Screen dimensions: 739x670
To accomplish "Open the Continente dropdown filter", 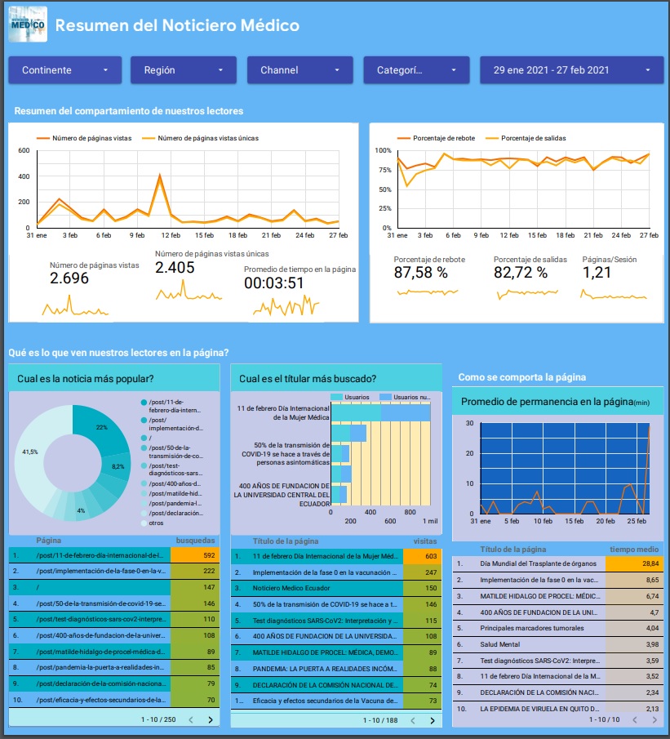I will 64,70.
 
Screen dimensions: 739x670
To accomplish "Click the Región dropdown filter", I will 183,70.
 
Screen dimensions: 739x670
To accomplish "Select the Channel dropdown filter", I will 300,70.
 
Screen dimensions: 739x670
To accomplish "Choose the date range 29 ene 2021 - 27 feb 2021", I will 570,70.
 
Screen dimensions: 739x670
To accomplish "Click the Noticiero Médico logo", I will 27,24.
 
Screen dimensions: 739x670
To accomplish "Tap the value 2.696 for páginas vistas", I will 69,278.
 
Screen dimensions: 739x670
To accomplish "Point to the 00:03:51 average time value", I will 274,283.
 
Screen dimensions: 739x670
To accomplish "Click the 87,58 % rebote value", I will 420,273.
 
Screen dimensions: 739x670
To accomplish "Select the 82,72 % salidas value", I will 521,273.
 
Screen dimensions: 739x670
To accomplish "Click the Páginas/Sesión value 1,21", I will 597,273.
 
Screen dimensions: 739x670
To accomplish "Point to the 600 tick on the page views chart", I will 24,151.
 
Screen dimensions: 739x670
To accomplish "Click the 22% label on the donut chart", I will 102,427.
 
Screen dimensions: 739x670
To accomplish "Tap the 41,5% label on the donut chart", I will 30,452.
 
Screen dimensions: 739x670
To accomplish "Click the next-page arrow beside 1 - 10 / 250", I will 211,719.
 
